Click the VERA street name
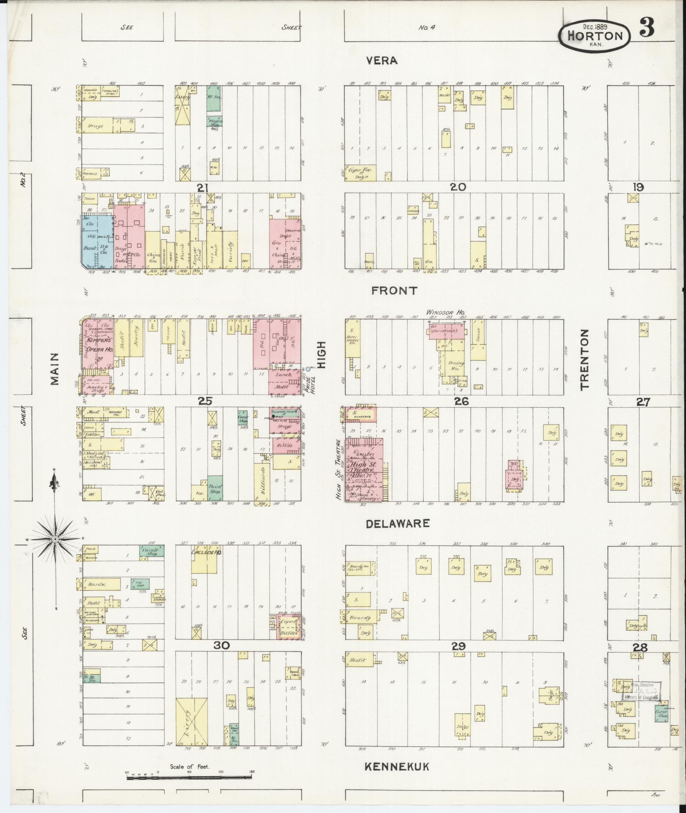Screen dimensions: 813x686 pos(382,61)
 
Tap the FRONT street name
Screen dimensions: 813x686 pos(394,291)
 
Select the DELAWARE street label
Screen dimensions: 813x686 pos(398,524)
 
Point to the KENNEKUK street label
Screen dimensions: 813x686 pos(397,767)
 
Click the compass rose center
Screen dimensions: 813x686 pos(55,539)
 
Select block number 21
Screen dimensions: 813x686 pos(202,187)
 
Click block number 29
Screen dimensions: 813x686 pos(458,659)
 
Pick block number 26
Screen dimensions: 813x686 pos(461,401)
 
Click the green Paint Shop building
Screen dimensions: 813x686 pos(215,487)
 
